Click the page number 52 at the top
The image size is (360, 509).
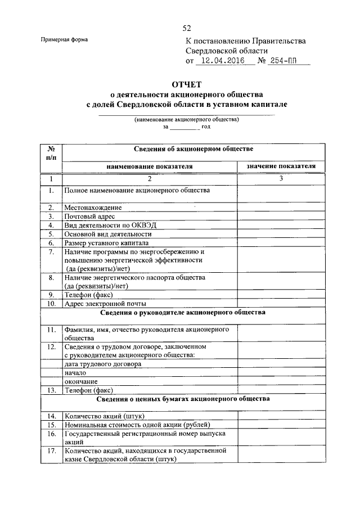coord(187,28)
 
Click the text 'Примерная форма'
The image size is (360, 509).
coord(64,39)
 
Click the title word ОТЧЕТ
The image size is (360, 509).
coord(187,84)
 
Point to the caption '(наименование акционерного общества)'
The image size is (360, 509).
coord(186,119)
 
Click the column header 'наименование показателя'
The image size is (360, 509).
coord(150,166)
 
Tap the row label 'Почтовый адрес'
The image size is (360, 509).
coord(90,217)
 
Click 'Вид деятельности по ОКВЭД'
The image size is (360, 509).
coord(110,225)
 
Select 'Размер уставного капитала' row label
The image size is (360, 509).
coord(106,243)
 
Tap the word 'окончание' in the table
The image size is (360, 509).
coord(80,381)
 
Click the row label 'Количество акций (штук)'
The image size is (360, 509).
coord(105,416)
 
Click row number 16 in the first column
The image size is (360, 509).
coord(51,434)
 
